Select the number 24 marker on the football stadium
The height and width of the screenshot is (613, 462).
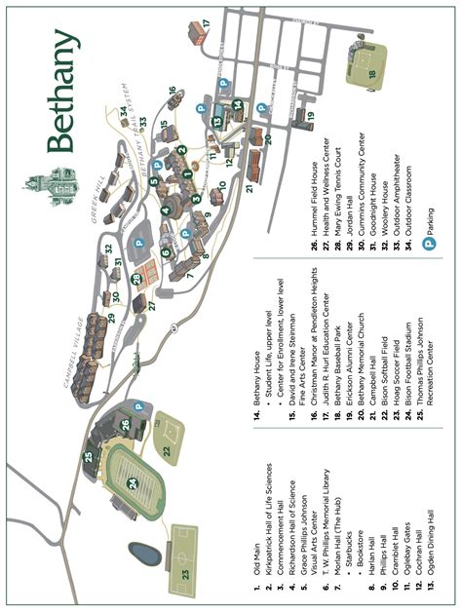click(x=133, y=481)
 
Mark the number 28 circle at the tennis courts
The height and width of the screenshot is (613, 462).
click(x=137, y=279)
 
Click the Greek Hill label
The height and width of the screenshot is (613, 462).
click(x=98, y=203)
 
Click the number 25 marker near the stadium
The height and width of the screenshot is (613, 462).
click(x=89, y=456)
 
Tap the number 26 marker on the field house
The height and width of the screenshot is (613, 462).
click(x=125, y=423)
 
